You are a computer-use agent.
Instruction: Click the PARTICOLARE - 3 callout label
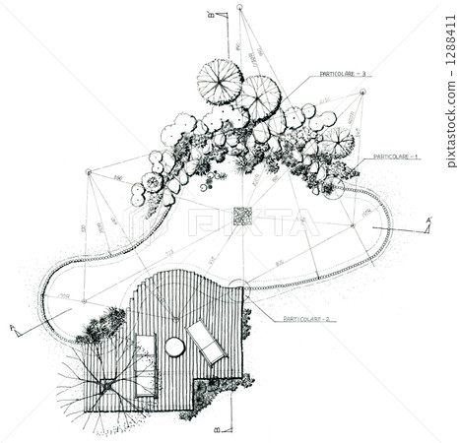tap(342, 74)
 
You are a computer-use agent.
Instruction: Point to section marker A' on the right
tap(428, 221)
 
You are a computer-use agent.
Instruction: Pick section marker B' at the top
tap(211, 15)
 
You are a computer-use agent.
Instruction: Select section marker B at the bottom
tap(217, 429)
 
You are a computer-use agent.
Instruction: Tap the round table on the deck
tap(174, 347)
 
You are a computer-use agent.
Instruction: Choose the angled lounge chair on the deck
tap(207, 343)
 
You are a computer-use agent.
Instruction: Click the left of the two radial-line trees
tap(219, 81)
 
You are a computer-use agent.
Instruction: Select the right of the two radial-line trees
tap(258, 96)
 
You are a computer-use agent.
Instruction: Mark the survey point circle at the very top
tap(239, 8)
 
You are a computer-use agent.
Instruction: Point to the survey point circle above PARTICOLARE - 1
tap(362, 93)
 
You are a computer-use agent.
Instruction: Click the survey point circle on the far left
tap(88, 172)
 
